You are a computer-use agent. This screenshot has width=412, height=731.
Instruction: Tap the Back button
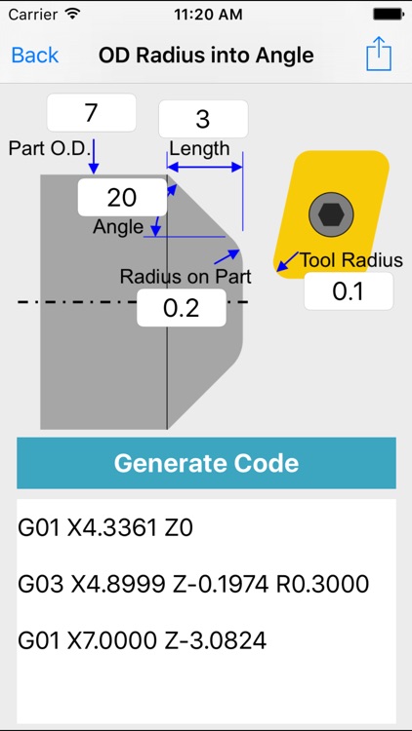tap(35, 55)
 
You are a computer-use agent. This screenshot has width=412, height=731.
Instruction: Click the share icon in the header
tap(378, 55)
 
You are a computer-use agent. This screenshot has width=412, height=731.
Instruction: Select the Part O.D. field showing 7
tap(91, 113)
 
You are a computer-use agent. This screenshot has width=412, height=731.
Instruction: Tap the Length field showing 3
tap(203, 120)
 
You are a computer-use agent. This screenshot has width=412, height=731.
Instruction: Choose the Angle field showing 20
tap(121, 198)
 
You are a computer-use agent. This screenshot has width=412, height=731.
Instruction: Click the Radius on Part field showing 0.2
tap(182, 308)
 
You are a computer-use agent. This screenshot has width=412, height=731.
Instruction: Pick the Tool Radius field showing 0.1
tap(348, 291)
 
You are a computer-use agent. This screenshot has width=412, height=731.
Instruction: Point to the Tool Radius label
tap(351, 260)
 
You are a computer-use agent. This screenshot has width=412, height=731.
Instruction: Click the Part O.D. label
tap(51, 148)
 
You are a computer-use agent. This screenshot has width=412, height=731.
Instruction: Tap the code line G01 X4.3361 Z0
tap(105, 529)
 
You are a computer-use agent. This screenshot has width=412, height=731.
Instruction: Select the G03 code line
tap(193, 585)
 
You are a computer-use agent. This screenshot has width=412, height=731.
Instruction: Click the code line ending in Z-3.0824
tap(142, 640)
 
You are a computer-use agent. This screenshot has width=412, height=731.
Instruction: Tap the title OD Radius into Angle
tap(206, 55)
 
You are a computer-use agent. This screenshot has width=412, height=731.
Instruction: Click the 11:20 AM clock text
tap(206, 16)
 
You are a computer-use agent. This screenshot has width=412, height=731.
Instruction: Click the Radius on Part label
tap(185, 277)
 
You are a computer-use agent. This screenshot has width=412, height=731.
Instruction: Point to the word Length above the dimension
tap(199, 149)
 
